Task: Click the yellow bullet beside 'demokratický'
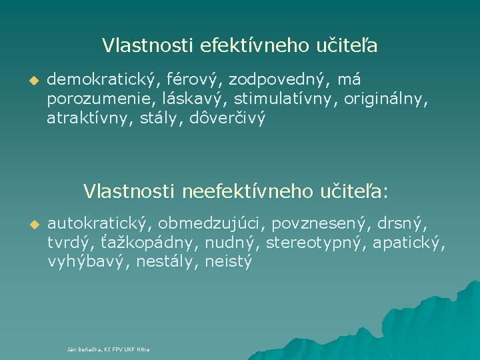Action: point(30,81)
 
